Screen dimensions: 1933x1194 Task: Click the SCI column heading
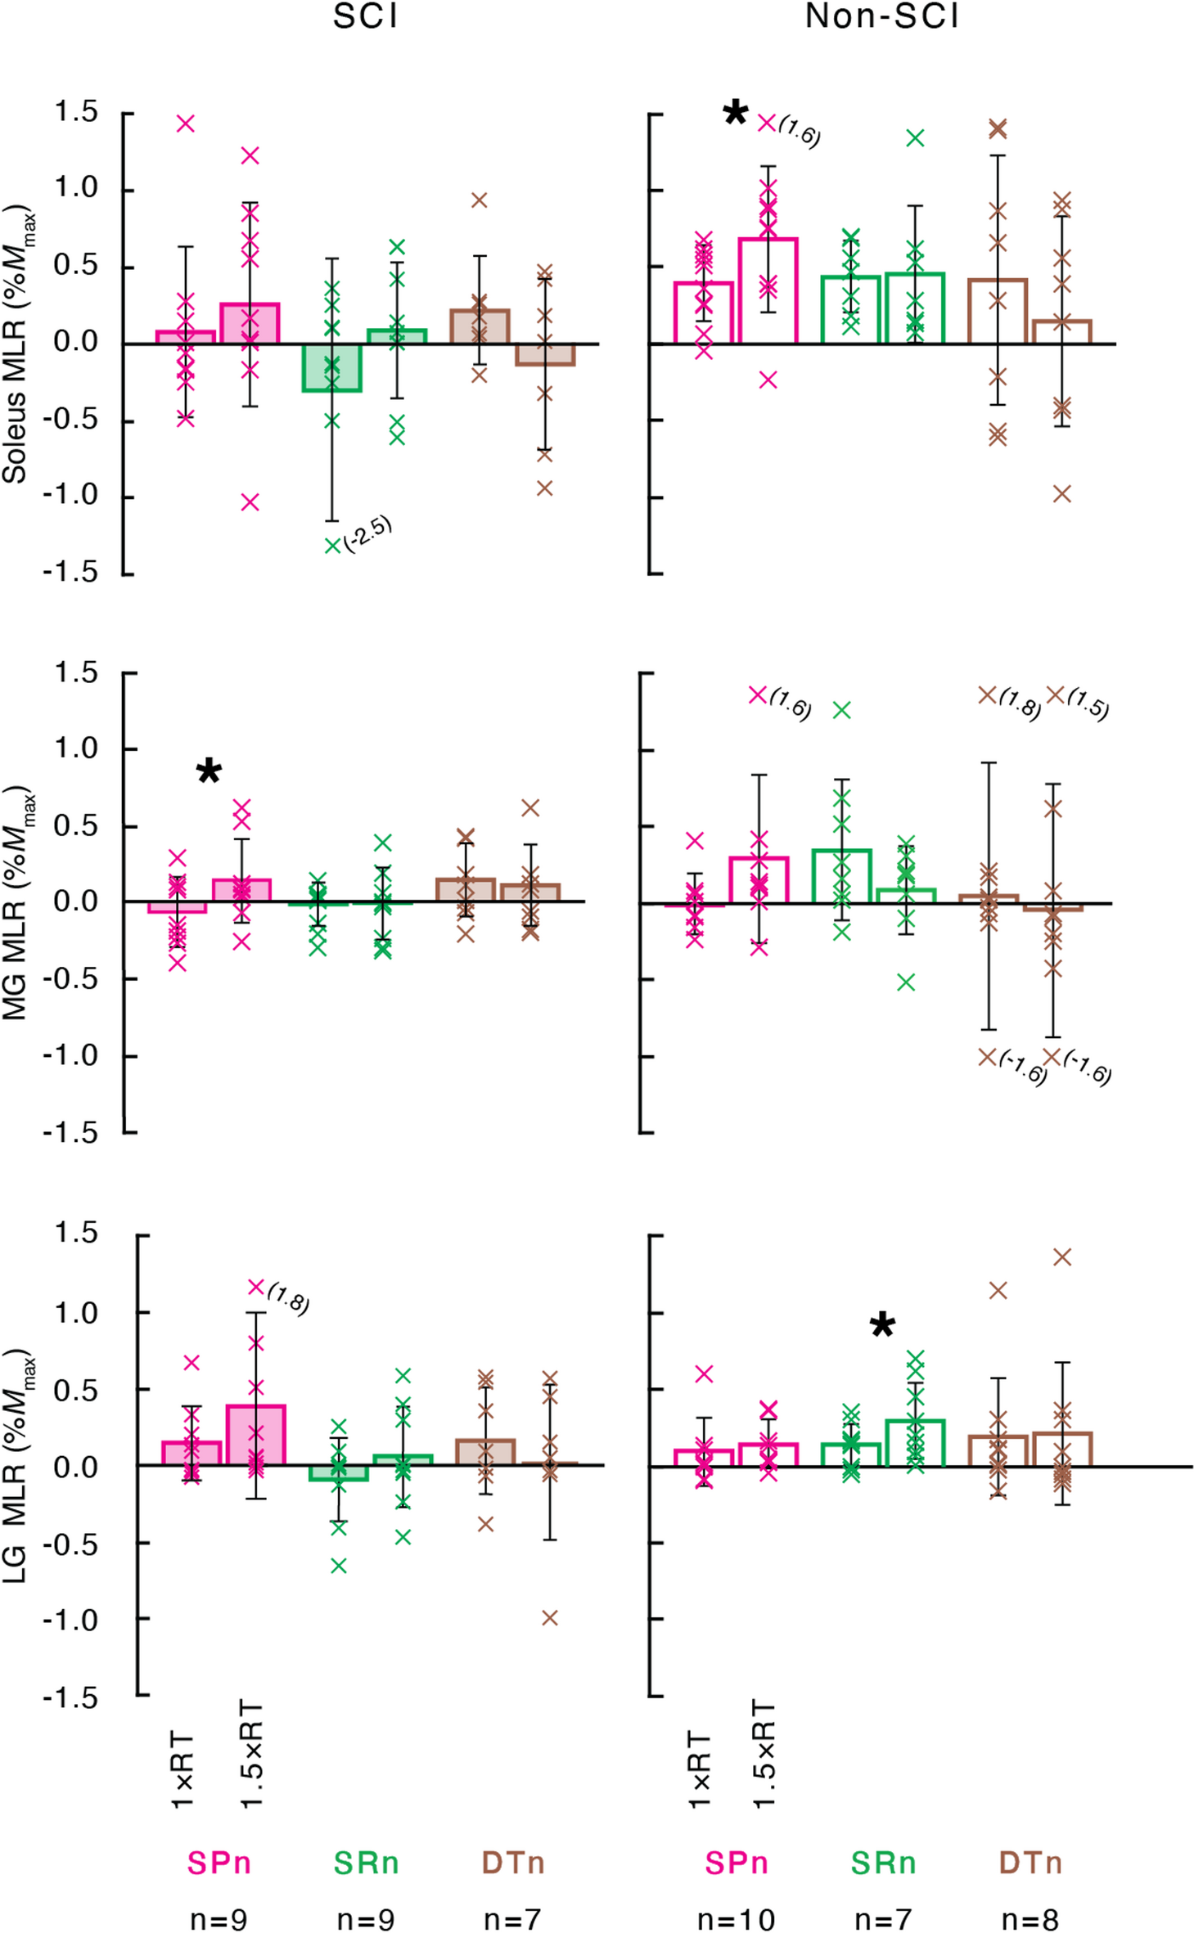point(365,17)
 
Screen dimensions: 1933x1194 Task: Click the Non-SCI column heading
point(881,17)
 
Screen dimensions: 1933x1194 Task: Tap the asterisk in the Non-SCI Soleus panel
point(736,113)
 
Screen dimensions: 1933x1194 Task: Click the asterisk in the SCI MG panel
point(210,771)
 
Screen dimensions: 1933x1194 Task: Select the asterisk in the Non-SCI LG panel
point(882,1325)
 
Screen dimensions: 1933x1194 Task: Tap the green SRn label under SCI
point(366,1863)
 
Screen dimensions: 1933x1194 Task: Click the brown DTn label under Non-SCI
point(1030,1863)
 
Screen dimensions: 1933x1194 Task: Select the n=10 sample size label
point(736,1919)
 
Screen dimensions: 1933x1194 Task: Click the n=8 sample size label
point(1030,1919)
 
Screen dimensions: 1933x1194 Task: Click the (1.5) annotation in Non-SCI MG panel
point(1088,704)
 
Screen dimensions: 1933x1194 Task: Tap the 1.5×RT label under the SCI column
point(251,1754)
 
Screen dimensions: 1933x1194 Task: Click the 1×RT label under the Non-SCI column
point(700,1770)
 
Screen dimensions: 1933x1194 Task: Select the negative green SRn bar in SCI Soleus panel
point(331,367)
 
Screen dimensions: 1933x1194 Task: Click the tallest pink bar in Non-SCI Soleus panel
point(768,291)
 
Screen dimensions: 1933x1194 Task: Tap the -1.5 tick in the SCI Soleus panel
point(70,573)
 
